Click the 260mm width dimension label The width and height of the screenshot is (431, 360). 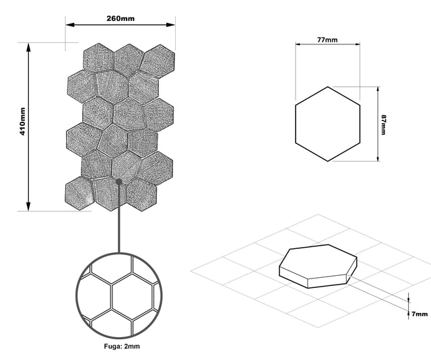[121, 18]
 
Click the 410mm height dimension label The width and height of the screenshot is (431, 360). [22, 121]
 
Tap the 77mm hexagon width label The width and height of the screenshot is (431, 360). [327, 40]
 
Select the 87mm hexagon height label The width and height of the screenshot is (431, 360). [384, 124]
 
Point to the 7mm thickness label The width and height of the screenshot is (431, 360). [420, 314]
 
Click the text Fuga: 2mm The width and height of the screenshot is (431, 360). [122, 347]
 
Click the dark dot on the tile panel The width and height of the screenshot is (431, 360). [119, 182]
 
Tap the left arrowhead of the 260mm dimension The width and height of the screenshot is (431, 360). [70, 25]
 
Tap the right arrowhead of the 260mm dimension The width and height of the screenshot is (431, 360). [170, 25]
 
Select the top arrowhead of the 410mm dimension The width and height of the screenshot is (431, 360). [28, 47]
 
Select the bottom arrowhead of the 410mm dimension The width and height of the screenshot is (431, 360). [28, 207]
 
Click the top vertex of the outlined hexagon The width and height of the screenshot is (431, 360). [327, 87]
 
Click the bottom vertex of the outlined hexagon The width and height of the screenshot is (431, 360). [327, 161]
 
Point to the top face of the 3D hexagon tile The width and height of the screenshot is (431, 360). [319, 262]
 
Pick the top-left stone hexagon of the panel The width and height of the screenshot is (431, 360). [98, 58]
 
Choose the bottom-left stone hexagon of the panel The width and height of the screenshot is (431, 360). [79, 193]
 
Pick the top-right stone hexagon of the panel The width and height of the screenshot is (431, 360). [158, 61]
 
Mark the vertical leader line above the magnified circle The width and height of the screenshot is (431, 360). [119, 218]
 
